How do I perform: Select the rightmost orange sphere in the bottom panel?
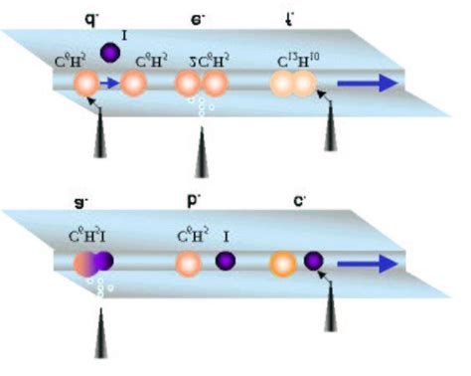point(282,264)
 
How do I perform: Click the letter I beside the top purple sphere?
point(124,36)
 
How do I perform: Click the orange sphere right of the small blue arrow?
point(133,85)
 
